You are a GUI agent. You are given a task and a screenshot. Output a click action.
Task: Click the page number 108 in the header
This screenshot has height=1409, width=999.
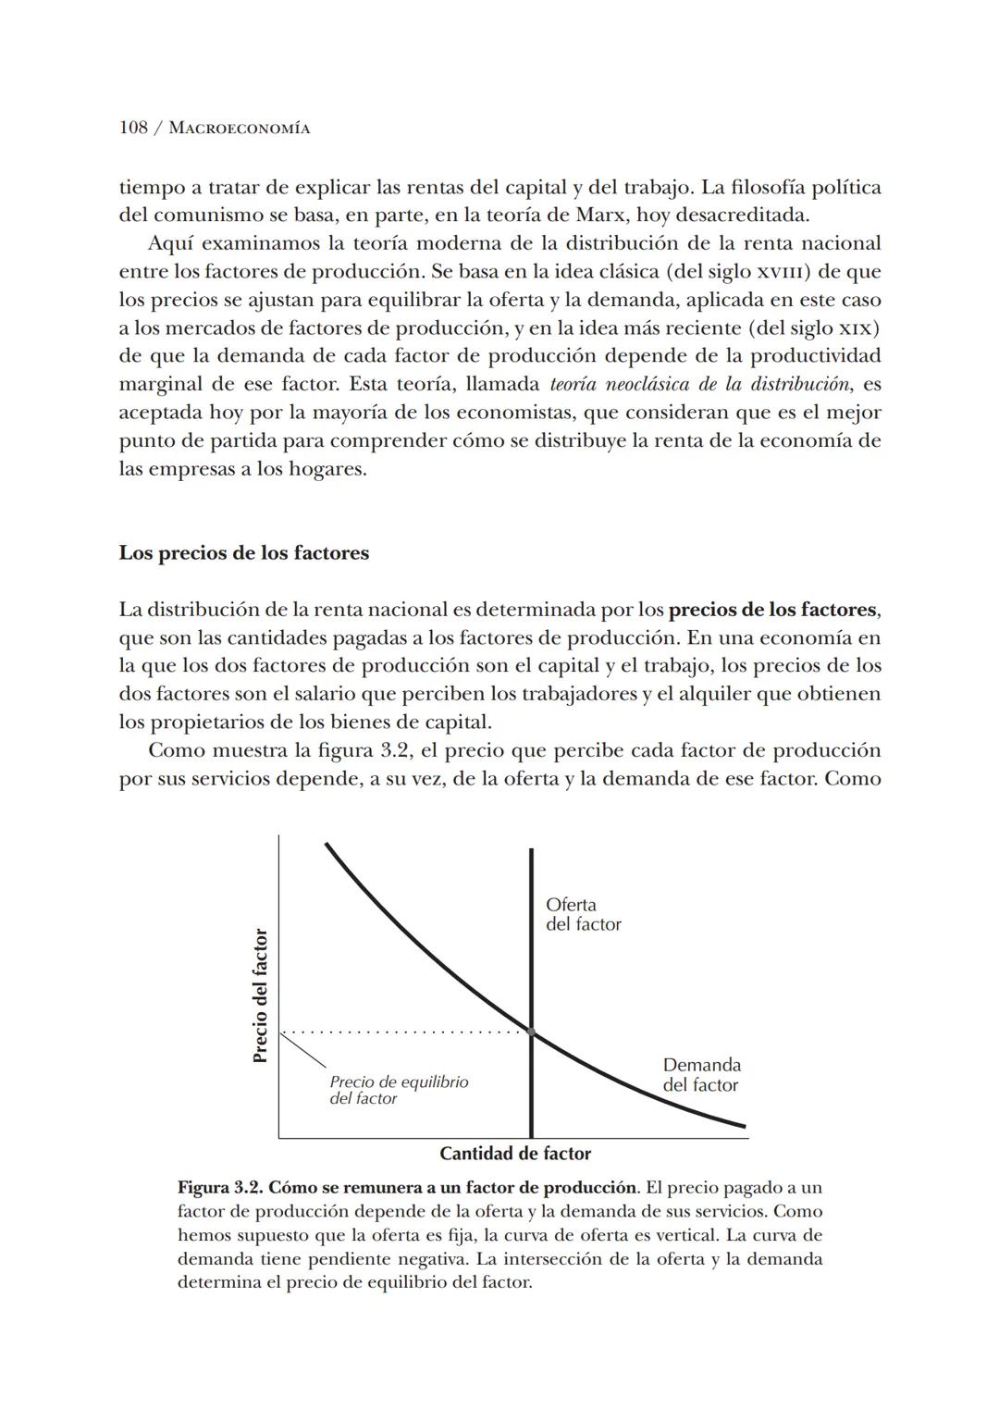pyautogui.click(x=133, y=128)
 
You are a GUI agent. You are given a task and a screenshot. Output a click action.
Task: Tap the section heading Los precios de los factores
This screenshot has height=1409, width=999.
pyautogui.click(x=243, y=553)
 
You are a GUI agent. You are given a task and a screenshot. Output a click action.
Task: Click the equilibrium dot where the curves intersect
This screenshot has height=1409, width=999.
pyautogui.click(x=532, y=1031)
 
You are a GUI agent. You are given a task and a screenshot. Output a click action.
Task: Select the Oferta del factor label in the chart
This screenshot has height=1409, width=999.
pyautogui.click(x=583, y=914)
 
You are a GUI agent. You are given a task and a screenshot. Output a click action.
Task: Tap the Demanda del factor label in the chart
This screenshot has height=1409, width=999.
pyautogui.click(x=701, y=1075)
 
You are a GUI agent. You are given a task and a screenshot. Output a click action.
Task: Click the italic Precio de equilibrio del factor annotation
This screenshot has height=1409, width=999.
pyautogui.click(x=398, y=1090)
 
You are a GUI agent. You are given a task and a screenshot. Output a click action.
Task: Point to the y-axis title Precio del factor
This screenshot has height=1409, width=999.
pyautogui.click(x=260, y=995)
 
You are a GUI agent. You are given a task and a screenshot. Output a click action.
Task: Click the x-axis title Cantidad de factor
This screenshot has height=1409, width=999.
pyautogui.click(x=514, y=1154)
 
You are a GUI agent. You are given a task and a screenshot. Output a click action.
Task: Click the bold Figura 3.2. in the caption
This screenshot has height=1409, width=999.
pyautogui.click(x=219, y=1187)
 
